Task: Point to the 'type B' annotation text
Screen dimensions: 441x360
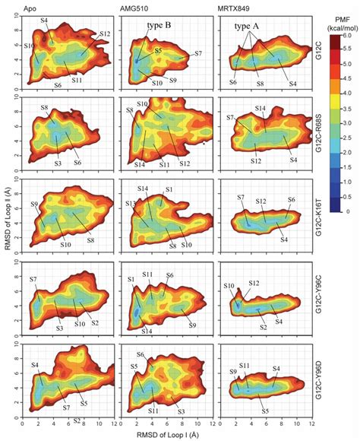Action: pyautogui.click(x=159, y=24)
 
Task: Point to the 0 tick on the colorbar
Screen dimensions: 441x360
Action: pyautogui.click(x=346, y=214)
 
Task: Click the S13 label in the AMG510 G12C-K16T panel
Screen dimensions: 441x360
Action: pyautogui.click(x=131, y=204)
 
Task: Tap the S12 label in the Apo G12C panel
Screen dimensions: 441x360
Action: pyautogui.click(x=105, y=35)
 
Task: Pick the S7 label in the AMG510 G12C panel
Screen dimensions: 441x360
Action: pyautogui.click(x=198, y=53)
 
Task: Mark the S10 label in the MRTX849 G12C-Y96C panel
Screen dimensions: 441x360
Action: pyautogui.click(x=230, y=286)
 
